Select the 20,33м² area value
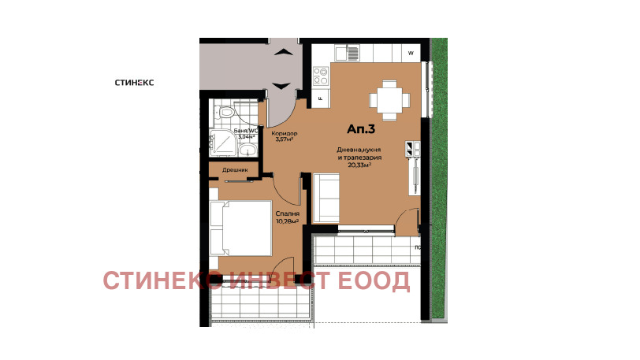tap(359, 165)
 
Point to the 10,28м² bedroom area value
tap(287, 221)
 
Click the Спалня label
tap(285, 213)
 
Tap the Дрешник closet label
tap(235, 169)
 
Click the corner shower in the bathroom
tap(224, 144)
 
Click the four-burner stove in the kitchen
tap(321, 76)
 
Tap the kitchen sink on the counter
tap(344, 54)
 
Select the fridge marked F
tap(321, 98)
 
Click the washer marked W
tap(411, 54)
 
